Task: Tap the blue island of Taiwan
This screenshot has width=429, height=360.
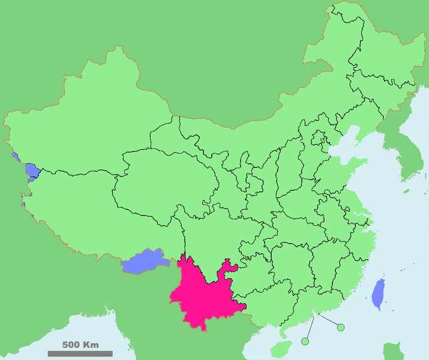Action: pyautogui.click(x=379, y=293)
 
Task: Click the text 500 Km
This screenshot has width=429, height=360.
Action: pyautogui.click(x=80, y=345)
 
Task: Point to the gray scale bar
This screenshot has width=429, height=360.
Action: pyautogui.click(x=80, y=353)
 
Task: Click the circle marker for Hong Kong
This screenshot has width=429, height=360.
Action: pyautogui.click(x=341, y=327)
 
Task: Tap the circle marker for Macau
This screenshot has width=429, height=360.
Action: pyautogui.click(x=305, y=341)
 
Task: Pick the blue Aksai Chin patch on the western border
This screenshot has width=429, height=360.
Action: pyautogui.click(x=32, y=172)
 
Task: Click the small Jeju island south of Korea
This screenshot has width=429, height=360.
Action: pyautogui.click(x=406, y=191)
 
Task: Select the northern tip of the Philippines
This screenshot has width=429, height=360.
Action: pyautogui.click(x=393, y=351)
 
